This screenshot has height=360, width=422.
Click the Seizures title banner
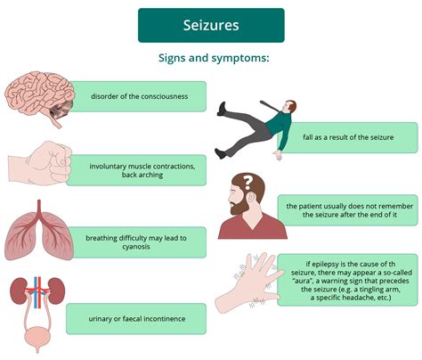[211, 25]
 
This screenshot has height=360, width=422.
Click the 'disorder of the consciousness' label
[138, 96]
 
